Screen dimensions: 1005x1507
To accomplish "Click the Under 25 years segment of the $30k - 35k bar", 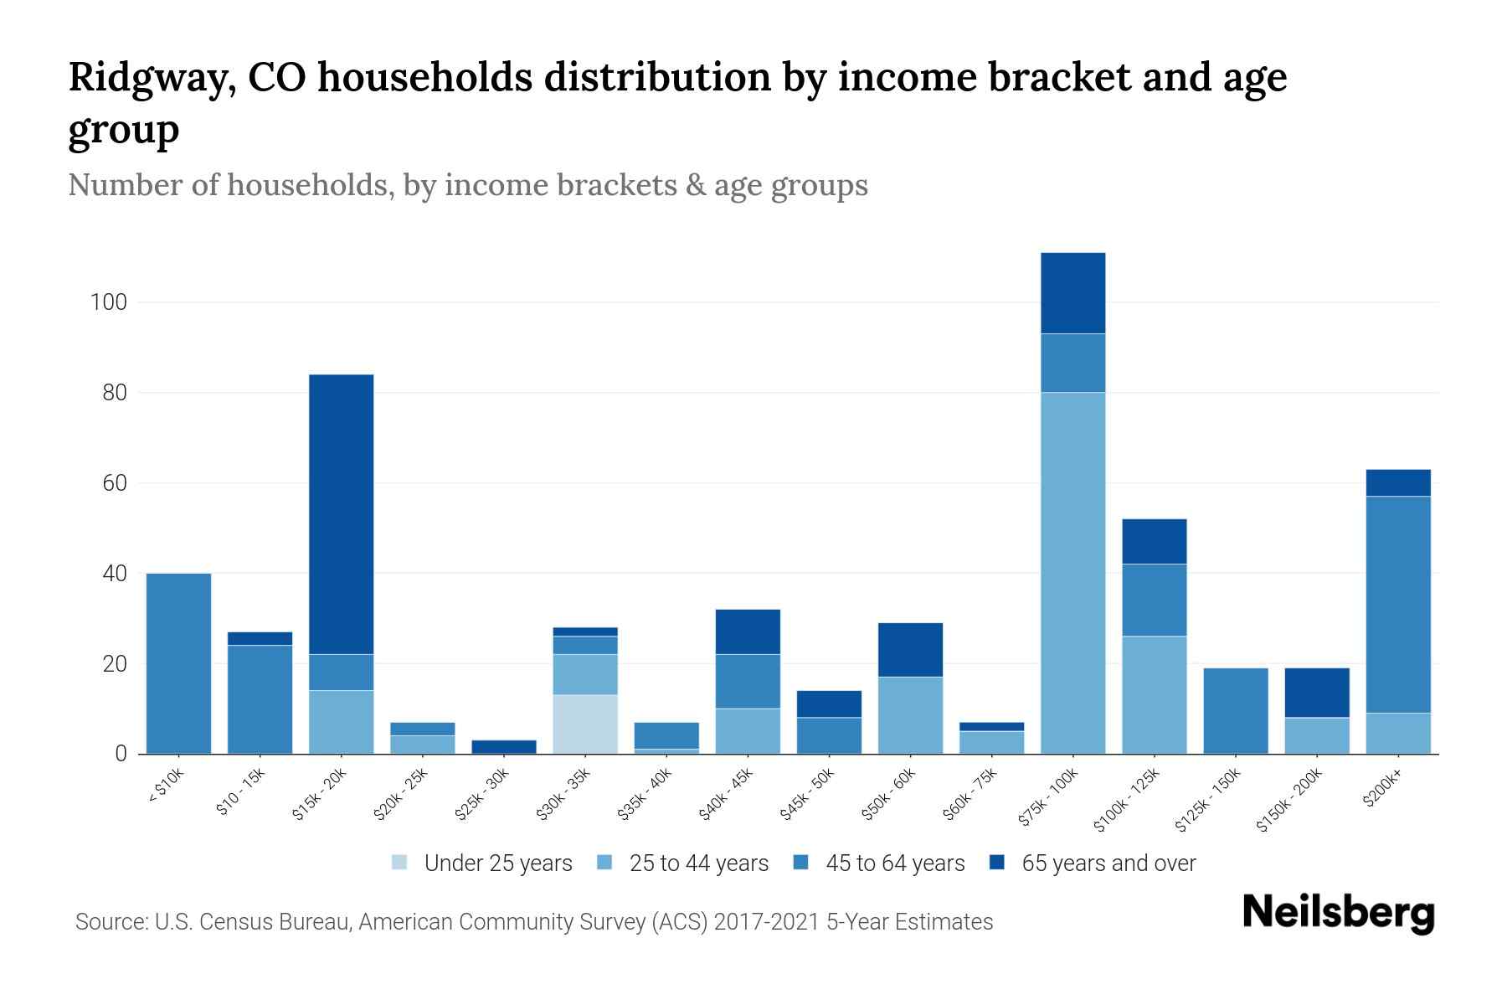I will [585, 724].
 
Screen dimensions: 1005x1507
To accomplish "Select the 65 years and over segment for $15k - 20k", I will [342, 513].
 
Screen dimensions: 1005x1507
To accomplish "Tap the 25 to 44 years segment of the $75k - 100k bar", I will [1072, 573].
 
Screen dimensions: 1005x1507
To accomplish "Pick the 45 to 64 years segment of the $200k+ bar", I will [1398, 604].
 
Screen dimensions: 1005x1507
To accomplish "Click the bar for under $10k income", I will [178, 663].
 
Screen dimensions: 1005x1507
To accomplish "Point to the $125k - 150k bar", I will [1236, 710].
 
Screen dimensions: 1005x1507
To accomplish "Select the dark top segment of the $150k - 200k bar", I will [1317, 692].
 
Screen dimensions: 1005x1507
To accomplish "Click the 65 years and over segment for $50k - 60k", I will [910, 649].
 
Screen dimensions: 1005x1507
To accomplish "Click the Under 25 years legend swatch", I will [400, 863].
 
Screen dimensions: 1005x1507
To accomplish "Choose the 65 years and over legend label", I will [1108, 863].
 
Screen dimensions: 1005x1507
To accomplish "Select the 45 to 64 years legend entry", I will [895, 863].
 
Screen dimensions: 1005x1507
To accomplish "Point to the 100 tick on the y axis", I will [109, 302].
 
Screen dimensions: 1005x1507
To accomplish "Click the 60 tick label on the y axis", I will [115, 483].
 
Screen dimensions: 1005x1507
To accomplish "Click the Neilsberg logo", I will [1338, 912].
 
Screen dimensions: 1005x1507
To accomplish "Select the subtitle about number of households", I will [468, 185].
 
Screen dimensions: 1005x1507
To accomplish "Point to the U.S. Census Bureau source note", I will [534, 922].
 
